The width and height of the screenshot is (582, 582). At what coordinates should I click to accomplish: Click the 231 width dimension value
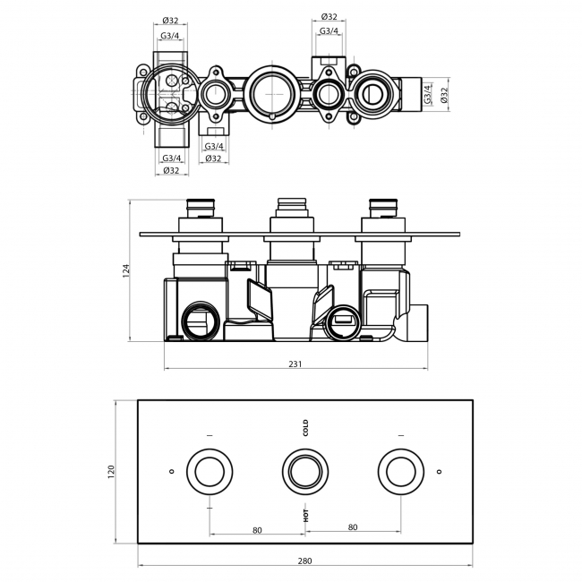[x=295, y=364]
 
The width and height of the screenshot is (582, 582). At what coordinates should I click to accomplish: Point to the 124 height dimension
[x=126, y=270]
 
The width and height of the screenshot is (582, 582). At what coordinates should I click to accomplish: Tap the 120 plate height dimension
[x=112, y=470]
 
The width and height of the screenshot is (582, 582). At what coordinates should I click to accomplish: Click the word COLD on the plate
[x=304, y=427]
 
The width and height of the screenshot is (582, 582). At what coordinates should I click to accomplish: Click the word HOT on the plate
[x=304, y=515]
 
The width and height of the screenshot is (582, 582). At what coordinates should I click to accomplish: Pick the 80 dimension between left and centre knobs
[x=257, y=528]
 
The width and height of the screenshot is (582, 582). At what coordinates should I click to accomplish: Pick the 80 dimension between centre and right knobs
[x=352, y=528]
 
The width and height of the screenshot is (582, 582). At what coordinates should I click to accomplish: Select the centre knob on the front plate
[x=304, y=471]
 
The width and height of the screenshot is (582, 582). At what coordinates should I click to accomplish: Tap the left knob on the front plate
[x=210, y=471]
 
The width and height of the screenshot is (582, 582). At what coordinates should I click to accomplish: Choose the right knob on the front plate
[x=399, y=471]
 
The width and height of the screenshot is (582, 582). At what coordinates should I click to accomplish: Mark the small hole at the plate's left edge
[x=171, y=472]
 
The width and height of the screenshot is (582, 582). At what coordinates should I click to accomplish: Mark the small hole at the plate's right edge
[x=438, y=472]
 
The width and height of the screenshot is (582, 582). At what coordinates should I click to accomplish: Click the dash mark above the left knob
[x=210, y=435]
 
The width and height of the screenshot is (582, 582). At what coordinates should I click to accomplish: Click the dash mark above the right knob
[x=399, y=435]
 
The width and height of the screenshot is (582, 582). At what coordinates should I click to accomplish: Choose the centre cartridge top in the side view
[x=292, y=203]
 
